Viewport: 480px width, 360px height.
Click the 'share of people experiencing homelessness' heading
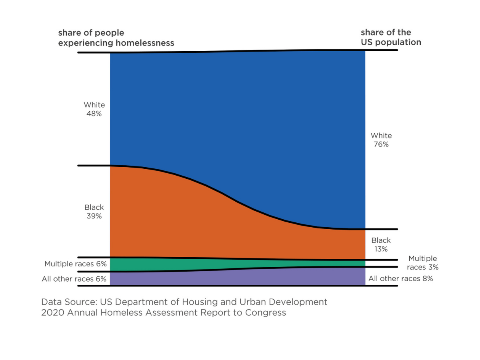116,38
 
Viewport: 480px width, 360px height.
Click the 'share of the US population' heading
391,37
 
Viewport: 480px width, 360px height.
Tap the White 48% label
94,109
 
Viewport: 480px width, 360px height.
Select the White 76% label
381,140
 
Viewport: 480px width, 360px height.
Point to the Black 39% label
94,212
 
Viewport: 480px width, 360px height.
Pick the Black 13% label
381,245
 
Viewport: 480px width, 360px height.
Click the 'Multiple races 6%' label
76,264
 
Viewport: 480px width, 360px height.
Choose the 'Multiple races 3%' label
422,263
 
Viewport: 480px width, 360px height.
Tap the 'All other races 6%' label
74,279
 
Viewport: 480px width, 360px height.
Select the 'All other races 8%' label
401,279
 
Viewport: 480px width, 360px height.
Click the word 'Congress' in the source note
266,313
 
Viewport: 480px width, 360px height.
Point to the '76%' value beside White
381,144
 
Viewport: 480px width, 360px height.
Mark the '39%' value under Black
94,216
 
